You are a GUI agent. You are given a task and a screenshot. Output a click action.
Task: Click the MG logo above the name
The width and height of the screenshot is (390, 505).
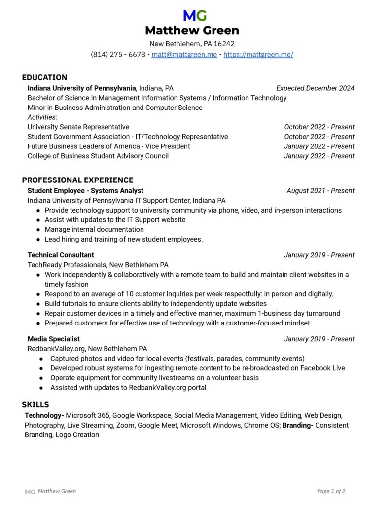tap(195, 16)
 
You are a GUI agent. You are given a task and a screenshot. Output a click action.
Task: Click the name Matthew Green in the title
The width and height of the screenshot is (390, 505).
tap(192, 30)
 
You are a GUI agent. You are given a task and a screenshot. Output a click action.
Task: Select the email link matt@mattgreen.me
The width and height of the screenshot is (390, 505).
tap(184, 54)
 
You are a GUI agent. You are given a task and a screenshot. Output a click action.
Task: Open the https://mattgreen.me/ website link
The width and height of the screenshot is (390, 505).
tap(258, 54)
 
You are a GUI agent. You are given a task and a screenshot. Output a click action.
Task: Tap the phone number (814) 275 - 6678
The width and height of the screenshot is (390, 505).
tap(118, 54)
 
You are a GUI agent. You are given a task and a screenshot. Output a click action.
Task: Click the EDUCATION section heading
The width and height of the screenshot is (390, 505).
tap(44, 77)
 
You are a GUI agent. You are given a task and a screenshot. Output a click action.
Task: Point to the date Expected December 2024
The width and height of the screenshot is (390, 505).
tap(315, 88)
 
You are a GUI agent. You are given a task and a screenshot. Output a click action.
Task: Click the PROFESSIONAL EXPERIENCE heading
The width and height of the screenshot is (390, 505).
tap(77, 180)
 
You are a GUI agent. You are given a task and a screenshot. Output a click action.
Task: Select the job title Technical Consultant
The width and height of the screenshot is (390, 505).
tap(61, 255)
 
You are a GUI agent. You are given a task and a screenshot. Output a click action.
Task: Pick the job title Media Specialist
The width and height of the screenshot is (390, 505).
tap(53, 339)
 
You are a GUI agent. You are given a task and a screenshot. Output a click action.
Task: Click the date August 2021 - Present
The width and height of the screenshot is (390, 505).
tap(320, 191)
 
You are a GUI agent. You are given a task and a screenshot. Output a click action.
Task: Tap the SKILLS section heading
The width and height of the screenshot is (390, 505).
tap(35, 405)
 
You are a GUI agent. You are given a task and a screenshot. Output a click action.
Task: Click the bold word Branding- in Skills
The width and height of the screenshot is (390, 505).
tap(297, 425)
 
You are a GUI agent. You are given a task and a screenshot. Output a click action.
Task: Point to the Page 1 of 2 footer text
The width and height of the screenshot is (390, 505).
tap(331, 491)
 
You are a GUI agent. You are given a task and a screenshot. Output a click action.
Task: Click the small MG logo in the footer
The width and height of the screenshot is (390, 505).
tap(30, 491)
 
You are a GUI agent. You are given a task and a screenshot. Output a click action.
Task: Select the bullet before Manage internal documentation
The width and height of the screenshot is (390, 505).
tap(39, 230)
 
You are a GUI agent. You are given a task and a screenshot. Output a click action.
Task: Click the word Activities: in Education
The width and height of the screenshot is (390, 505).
tap(42, 117)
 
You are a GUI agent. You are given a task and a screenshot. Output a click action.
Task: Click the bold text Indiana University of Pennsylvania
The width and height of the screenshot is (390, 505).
tap(81, 88)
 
